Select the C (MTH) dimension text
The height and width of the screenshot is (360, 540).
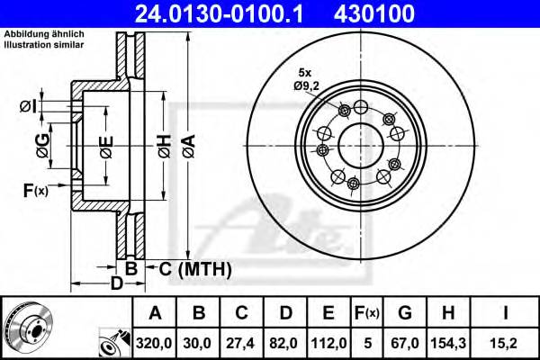point(195,268)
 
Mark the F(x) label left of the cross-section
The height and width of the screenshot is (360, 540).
point(35,190)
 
